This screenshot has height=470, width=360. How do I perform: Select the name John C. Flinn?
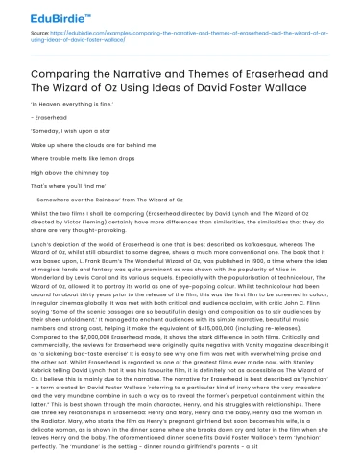click(303, 304)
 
